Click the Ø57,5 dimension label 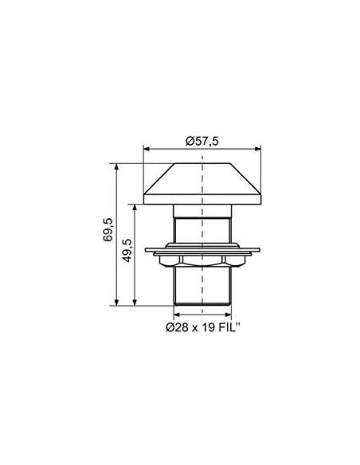pos(202,141)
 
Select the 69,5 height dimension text pos(108,229)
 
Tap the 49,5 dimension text pos(127,251)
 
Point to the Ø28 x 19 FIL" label pos(203,327)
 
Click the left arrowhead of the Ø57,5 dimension pos(147,149)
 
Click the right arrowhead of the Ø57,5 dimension pos(258,149)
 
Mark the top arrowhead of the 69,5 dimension pos(116,166)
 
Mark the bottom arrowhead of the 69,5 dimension pos(116,303)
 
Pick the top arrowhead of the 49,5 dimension pos(135,207)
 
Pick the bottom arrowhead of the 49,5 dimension pos(135,303)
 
